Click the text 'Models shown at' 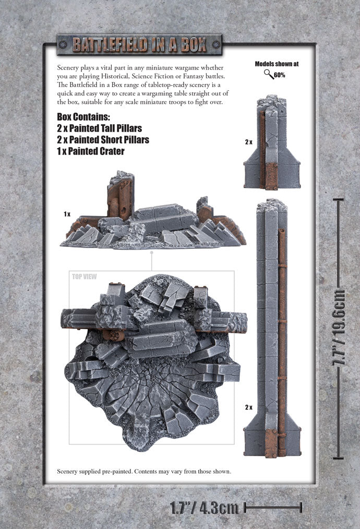[277, 64]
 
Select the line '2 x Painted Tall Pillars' [99, 128]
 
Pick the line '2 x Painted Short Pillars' [103, 140]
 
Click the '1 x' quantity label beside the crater [67, 214]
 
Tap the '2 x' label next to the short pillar [248, 142]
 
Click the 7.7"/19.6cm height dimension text [340, 327]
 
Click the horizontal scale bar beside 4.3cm [273, 506]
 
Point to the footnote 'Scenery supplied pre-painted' [143, 472]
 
